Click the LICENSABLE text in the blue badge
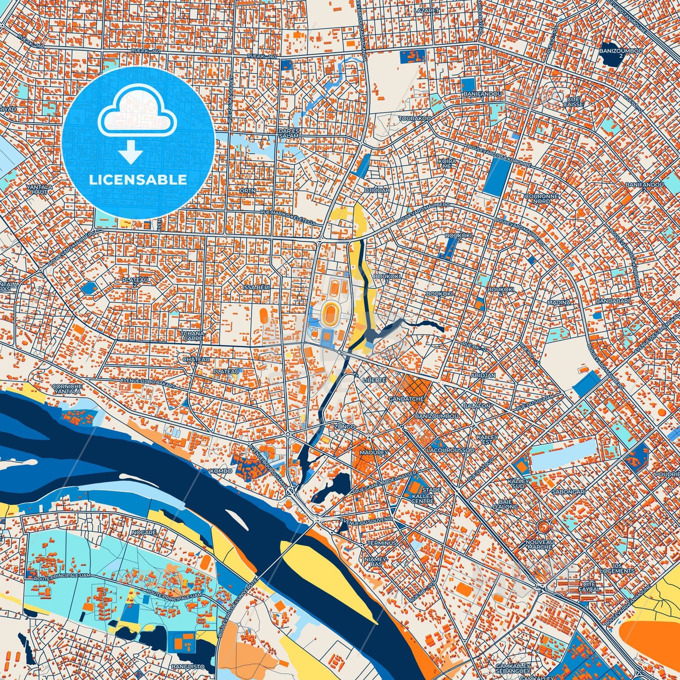[x=138, y=180]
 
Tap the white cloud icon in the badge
[x=137, y=112]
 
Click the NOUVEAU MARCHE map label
[x=540, y=544]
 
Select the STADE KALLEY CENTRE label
[x=422, y=496]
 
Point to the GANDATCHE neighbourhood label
[x=406, y=399]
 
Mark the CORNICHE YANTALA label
[x=68, y=389]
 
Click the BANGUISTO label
[x=188, y=666]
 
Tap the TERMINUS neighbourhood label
[x=382, y=543]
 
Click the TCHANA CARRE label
[x=193, y=336]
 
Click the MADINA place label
[x=559, y=303]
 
